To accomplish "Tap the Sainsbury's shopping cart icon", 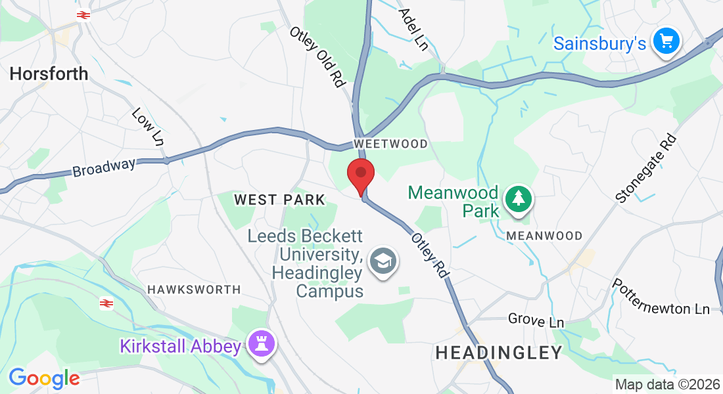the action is coord(666,42).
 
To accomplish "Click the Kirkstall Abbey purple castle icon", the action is coord(262,343).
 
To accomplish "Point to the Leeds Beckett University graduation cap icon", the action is coord(382,261).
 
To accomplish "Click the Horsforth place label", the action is coord(49,74).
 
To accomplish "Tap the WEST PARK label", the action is coord(279,200).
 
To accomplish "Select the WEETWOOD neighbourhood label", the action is coord(390,144).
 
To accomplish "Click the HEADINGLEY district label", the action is coord(499,353).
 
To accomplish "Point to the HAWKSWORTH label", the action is coord(194,289).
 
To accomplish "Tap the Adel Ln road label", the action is coord(413,30).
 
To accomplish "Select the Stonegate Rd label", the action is coord(646,169).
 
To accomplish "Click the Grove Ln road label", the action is coord(536,321).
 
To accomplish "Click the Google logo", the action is coord(44,378).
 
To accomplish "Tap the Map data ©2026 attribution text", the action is coord(666,384).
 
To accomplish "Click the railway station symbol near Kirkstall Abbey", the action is coord(106,303).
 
